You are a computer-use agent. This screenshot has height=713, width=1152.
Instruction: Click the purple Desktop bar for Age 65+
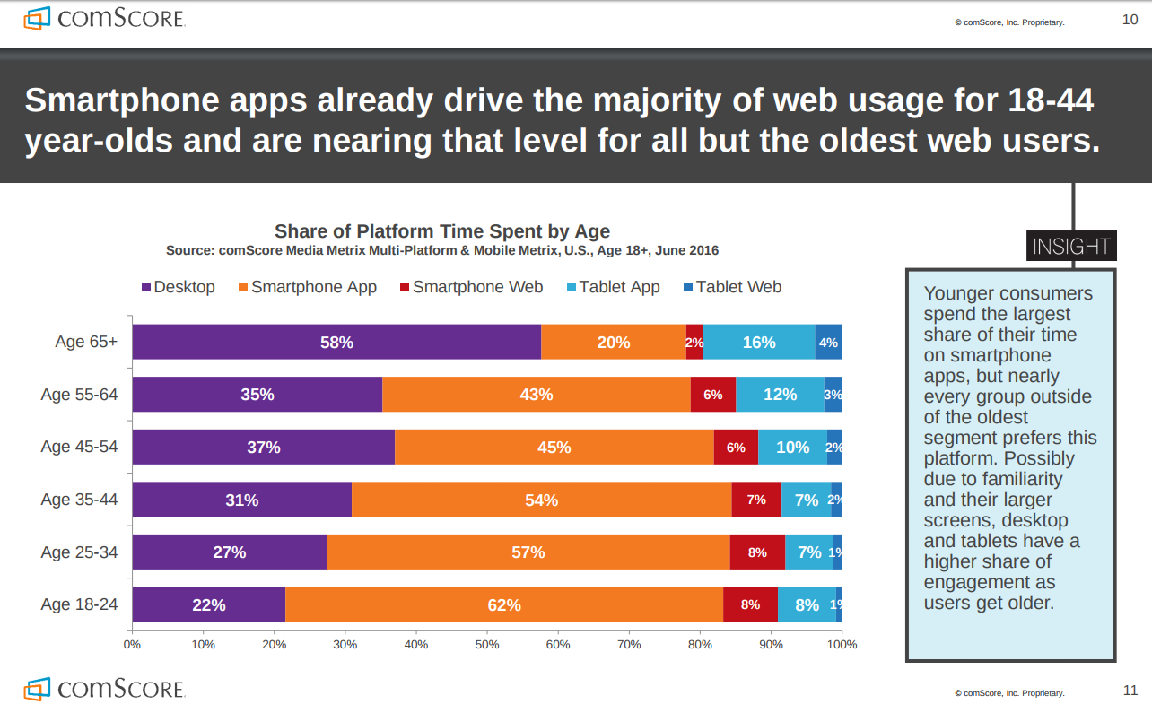[336, 342]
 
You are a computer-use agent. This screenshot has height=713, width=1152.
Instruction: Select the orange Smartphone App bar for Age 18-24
[504, 604]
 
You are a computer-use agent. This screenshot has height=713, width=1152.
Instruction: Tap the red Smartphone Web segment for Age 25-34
[757, 552]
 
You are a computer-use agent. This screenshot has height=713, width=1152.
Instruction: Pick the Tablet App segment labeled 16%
[759, 342]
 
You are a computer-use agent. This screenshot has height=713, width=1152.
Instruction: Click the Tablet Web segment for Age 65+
[828, 342]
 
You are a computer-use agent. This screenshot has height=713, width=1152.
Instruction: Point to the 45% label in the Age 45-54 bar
[554, 448]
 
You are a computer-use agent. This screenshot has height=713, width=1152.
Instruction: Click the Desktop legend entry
[179, 287]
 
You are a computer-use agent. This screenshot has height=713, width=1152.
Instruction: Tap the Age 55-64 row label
[79, 395]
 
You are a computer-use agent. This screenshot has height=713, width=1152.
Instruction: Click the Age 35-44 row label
[79, 500]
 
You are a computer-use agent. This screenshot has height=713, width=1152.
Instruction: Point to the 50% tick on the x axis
[486, 644]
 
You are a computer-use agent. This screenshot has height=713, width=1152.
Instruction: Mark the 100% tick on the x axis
[842, 644]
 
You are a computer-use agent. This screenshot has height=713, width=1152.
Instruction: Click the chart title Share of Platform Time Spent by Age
[442, 231]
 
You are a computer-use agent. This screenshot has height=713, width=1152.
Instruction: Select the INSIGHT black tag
[1071, 246]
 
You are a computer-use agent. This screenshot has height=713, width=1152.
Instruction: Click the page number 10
[1130, 20]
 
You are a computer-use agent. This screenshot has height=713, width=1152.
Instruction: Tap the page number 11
[1130, 691]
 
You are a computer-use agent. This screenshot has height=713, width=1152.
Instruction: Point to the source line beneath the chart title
[442, 250]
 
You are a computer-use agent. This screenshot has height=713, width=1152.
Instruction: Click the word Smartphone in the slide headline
[124, 100]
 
